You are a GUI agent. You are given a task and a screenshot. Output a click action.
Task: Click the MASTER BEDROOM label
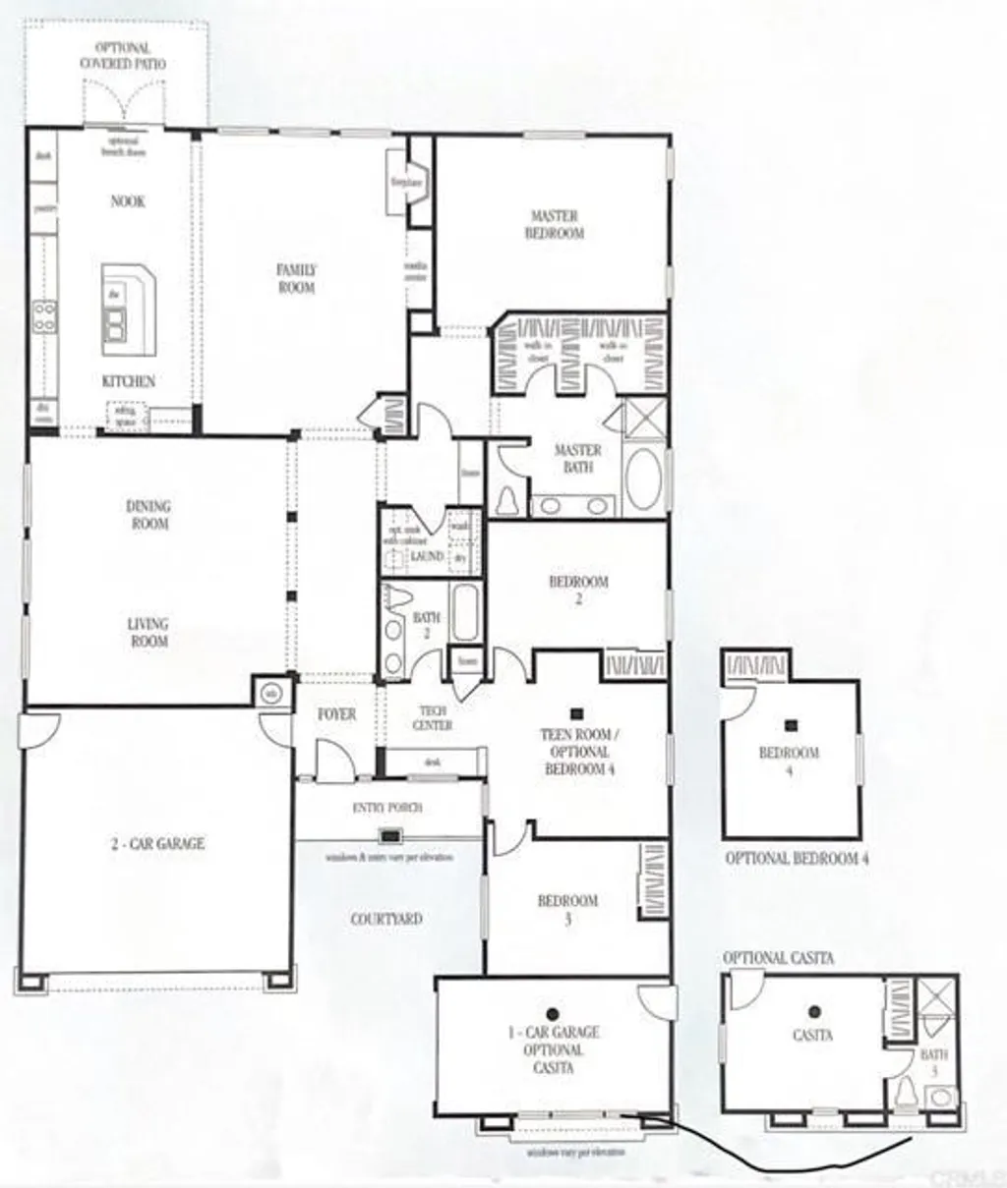tap(556, 225)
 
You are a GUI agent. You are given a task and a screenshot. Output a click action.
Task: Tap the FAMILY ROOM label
tap(296, 278)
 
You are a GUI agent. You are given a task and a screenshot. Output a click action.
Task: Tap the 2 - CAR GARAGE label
tap(157, 843)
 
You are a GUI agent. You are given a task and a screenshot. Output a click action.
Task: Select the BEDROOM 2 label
tap(578, 590)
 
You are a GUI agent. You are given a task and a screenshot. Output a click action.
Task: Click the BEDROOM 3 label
tap(567, 910)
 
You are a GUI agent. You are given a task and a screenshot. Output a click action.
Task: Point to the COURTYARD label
tap(386, 920)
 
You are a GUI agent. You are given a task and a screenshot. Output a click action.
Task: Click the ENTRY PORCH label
tap(387, 808)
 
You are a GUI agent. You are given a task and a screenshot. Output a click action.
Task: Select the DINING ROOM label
tap(148, 515)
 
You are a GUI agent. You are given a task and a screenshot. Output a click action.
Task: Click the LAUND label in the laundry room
tap(427, 556)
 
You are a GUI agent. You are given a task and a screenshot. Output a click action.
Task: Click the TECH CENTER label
tap(432, 718)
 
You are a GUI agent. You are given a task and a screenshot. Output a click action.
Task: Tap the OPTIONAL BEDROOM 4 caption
tap(797, 858)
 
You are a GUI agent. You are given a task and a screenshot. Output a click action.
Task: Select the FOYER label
tap(336, 714)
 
